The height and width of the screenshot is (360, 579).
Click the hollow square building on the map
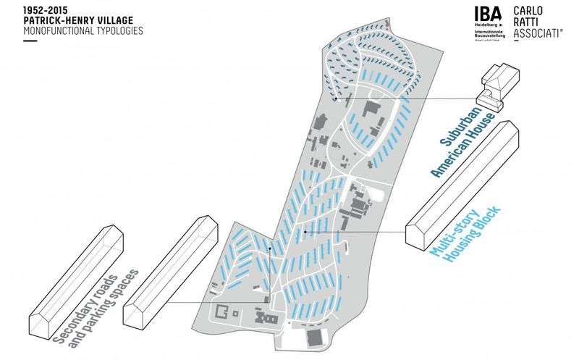coord(221,314)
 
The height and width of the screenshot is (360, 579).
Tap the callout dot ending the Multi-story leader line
coord(305,232)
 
